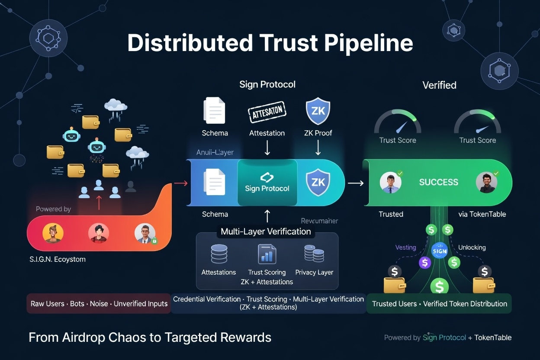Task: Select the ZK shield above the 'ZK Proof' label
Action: click(x=318, y=111)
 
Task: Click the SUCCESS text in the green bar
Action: click(x=438, y=182)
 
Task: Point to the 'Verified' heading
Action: click(x=439, y=85)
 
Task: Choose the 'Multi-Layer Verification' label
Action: click(x=266, y=231)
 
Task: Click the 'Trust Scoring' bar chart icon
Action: click(x=267, y=254)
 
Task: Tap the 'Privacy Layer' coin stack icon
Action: click(x=314, y=254)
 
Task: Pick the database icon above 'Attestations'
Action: click(x=219, y=254)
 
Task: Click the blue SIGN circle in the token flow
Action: click(x=440, y=251)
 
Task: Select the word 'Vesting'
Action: click(x=405, y=247)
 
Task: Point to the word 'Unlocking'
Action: click(x=472, y=247)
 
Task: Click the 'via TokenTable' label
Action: click(x=482, y=214)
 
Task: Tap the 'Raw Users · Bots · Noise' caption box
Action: click(x=99, y=304)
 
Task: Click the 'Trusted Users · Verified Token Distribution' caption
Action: click(x=439, y=304)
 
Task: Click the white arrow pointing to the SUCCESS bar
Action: click(x=356, y=183)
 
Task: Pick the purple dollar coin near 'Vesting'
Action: click(x=425, y=262)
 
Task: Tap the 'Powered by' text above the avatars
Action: click(x=53, y=209)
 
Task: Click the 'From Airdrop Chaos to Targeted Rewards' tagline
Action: click(x=150, y=337)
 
